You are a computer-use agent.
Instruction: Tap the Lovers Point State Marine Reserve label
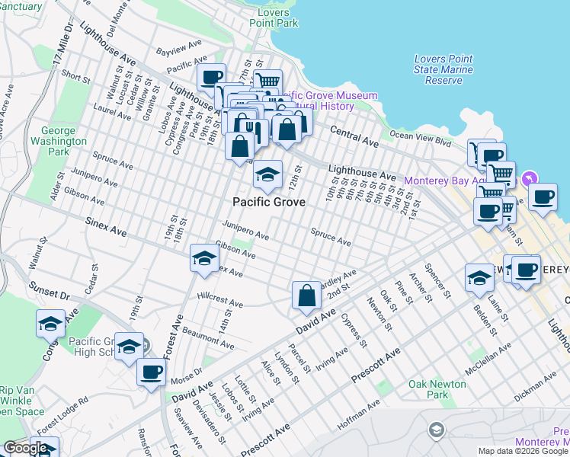coord(444,69)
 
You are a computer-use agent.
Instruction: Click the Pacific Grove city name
coord(269,203)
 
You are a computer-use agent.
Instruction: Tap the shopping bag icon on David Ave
coord(306,296)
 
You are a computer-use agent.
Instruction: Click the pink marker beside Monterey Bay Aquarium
coord(530,180)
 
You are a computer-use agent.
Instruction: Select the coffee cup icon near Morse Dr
coord(151,372)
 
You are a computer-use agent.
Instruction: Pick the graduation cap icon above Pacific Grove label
coord(267,175)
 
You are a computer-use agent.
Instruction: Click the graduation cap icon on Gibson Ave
coord(204,259)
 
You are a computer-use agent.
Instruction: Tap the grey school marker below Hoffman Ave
coord(436,431)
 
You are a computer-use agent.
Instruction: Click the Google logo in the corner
coord(26,448)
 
